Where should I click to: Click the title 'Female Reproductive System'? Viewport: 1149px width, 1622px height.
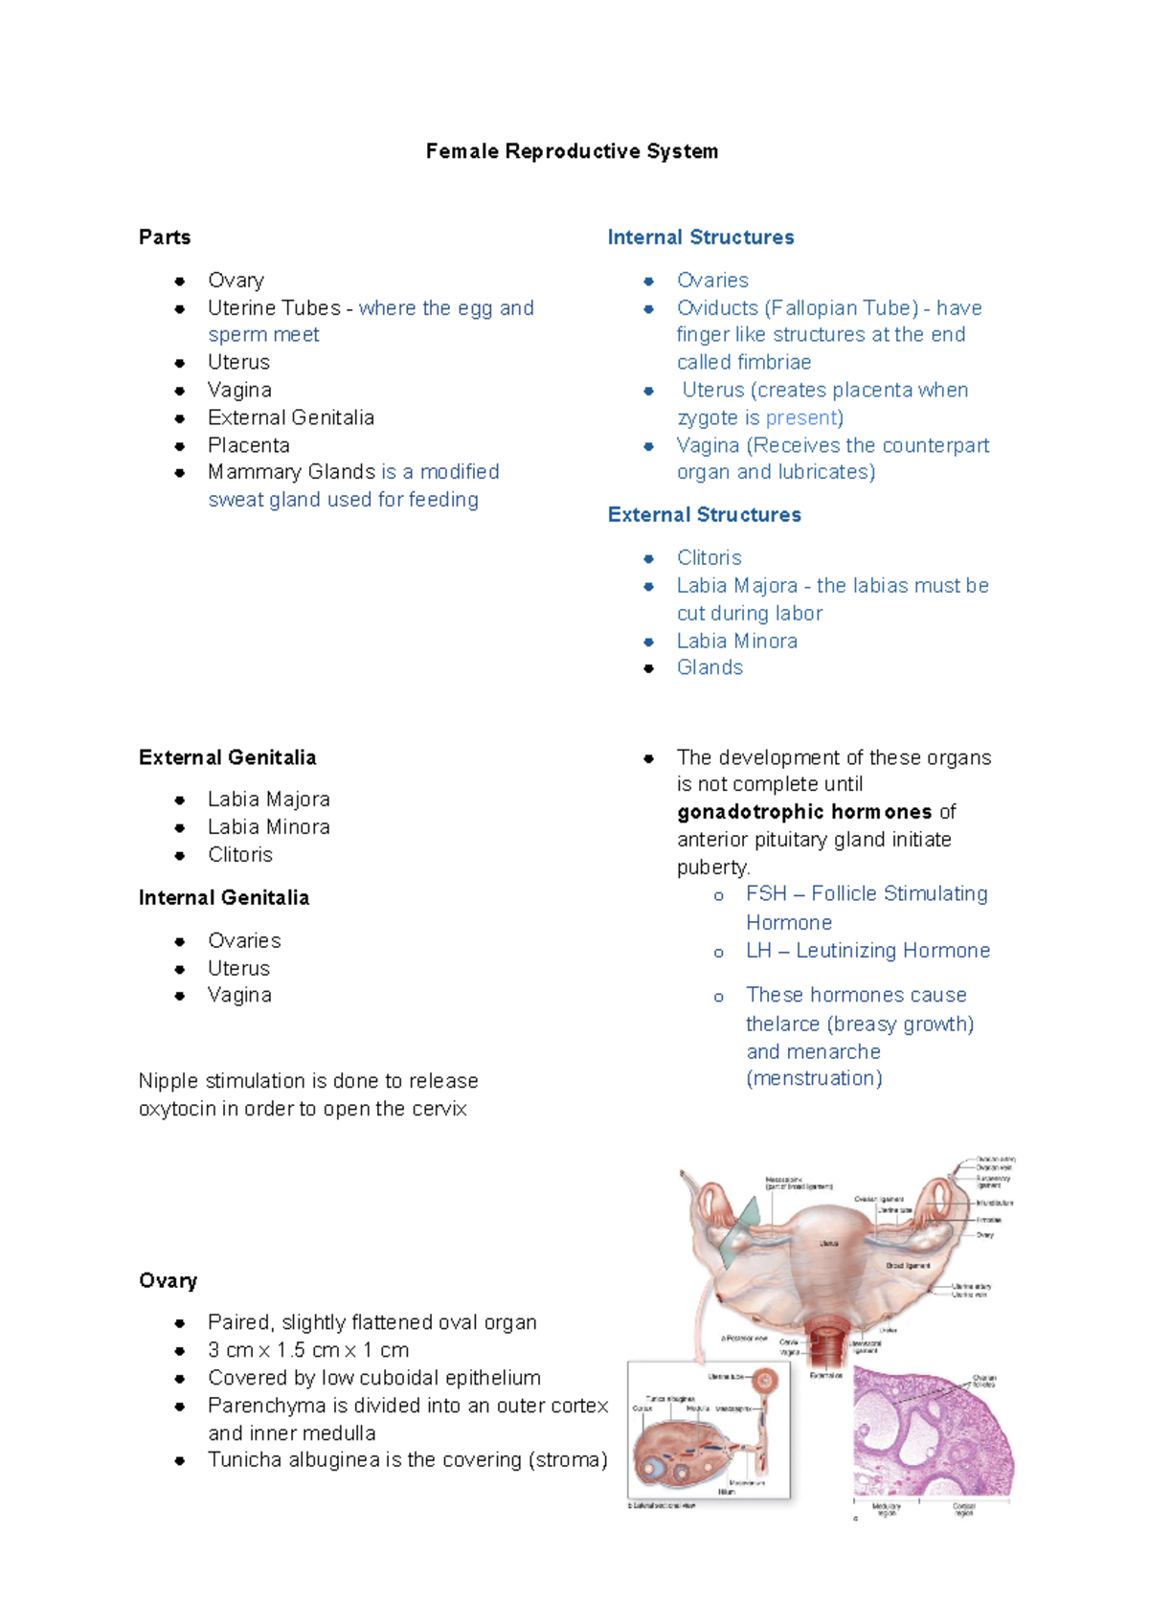pyautogui.click(x=572, y=151)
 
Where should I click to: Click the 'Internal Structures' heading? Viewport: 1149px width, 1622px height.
pyautogui.click(x=701, y=237)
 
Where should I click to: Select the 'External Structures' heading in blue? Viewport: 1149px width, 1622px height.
pyautogui.click(x=705, y=515)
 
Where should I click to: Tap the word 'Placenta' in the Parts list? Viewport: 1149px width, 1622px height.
pyautogui.click(x=249, y=445)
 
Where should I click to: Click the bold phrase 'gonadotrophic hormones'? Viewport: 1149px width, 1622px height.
pyautogui.click(x=804, y=812)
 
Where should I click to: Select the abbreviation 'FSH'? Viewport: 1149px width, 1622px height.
pyautogui.click(x=766, y=894)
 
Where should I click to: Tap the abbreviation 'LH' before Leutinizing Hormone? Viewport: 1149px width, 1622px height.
pyautogui.click(x=758, y=951)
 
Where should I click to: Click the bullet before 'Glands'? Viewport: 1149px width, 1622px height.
pyautogui.click(x=649, y=668)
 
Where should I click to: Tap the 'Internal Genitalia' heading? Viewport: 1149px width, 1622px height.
pyautogui.click(x=224, y=898)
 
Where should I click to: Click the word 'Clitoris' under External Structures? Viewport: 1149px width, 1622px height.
pyautogui.click(x=710, y=558)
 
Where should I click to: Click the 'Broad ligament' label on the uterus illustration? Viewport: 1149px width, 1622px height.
pyautogui.click(x=908, y=1266)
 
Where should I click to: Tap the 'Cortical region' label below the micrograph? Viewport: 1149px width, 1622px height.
pyautogui.click(x=963, y=1510)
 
